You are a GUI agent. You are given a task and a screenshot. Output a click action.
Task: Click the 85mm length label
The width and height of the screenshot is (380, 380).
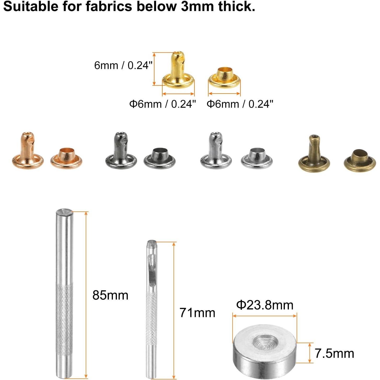[110, 295]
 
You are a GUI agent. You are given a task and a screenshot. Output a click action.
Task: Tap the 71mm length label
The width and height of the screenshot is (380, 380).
[197, 313]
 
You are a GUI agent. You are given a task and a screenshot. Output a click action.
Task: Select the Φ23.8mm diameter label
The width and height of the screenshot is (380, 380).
[265, 305]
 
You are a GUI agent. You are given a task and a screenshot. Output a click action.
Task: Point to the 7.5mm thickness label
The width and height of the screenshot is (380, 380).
[334, 348]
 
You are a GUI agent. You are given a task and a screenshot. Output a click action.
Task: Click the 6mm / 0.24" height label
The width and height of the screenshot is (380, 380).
[123, 65]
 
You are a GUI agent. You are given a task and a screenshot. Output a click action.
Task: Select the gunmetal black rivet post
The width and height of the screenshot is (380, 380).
[121, 150]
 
